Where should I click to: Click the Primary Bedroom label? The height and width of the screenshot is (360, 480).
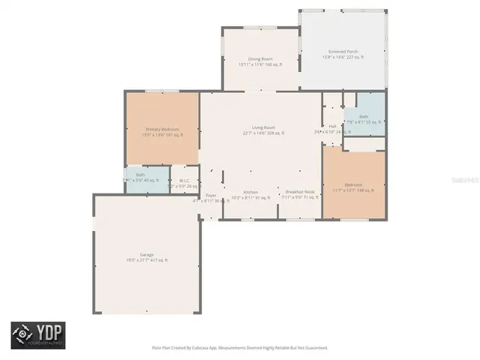(162, 129)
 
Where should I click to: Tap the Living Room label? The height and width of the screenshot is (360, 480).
(262, 127)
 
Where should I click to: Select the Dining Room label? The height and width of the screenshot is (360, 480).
(260, 58)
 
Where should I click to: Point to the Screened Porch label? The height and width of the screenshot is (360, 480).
(343, 52)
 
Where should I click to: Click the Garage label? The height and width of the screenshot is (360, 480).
(145, 255)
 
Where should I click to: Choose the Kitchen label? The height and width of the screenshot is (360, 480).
(250, 192)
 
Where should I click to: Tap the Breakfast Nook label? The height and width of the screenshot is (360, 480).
(298, 192)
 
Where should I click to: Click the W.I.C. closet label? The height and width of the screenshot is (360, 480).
(184, 181)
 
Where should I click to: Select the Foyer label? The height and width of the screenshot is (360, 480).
(211, 196)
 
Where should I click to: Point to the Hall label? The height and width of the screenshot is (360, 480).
(332, 126)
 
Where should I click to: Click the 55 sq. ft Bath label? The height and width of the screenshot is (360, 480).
(364, 117)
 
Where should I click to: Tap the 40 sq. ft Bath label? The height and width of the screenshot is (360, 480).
(141, 175)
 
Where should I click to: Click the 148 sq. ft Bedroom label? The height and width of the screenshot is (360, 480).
(353, 185)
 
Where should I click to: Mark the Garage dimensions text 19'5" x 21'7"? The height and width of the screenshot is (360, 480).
(145, 260)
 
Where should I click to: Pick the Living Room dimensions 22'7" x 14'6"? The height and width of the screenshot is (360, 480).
(262, 133)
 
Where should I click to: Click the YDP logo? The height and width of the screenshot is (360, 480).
(37, 335)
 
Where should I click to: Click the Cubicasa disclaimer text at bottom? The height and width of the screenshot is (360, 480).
(240, 348)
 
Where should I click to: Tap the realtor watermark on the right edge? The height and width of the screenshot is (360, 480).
(474, 181)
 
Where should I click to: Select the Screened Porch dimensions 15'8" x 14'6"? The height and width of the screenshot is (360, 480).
(343, 57)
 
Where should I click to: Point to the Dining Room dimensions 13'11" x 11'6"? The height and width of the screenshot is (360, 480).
(260, 64)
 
